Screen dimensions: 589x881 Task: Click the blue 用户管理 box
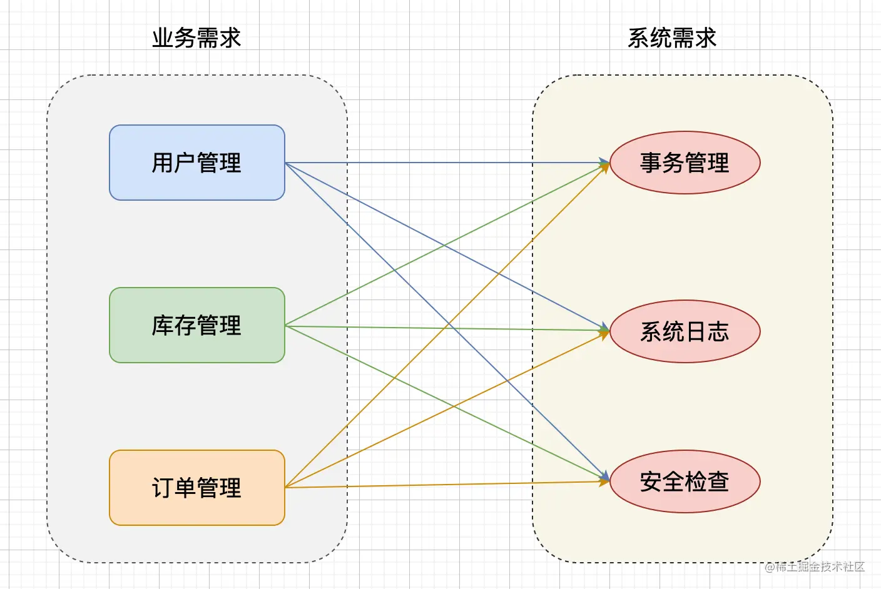[196, 163]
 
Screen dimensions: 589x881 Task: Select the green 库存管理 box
[196, 325]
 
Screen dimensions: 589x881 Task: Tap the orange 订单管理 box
[196, 488]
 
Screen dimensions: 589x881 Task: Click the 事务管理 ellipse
[685, 163]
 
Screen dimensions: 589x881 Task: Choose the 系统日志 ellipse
[685, 331]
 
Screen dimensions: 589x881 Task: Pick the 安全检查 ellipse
[685, 481]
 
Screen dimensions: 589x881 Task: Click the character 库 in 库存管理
[163, 325]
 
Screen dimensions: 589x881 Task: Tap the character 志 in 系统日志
[718, 331]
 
